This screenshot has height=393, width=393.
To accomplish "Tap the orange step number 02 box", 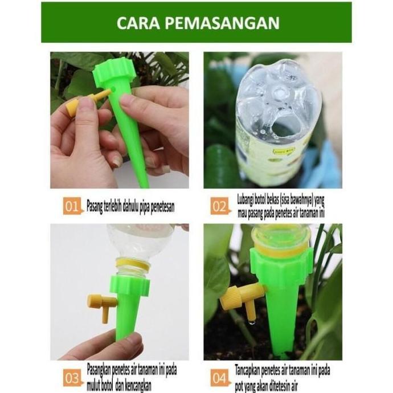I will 220,206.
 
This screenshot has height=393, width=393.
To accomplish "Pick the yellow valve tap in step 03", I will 101,304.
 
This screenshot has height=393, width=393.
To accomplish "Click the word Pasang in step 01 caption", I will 97,206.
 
